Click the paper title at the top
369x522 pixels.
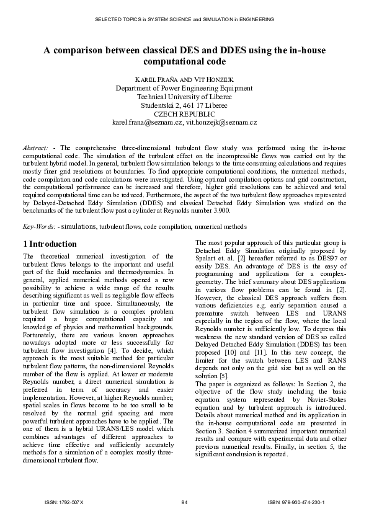184,56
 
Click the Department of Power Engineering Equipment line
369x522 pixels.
184,89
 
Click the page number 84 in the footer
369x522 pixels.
184,502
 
